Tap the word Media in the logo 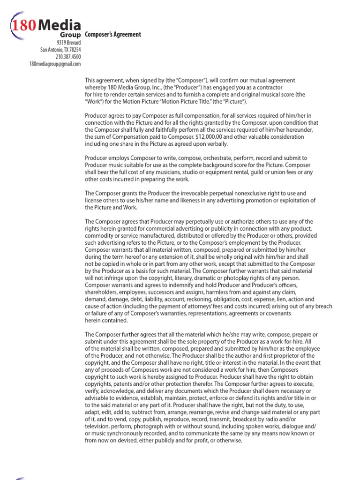(59, 25)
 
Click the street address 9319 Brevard (68, 43)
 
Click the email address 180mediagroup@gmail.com (55, 64)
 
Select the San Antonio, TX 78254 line (60, 50)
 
